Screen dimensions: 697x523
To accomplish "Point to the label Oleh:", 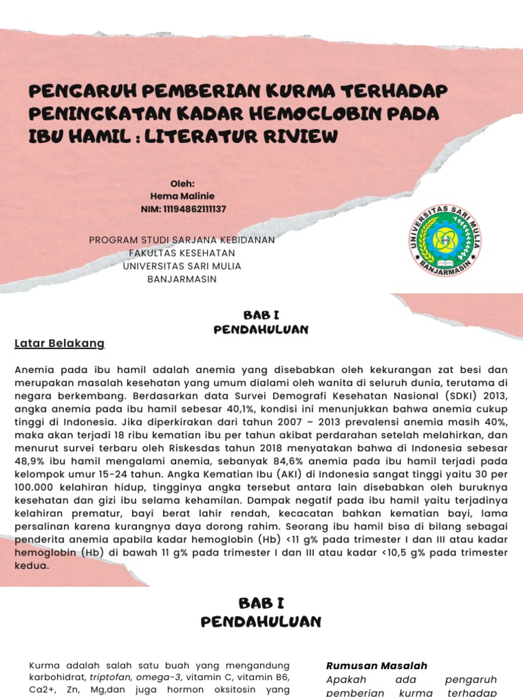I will point(183,183).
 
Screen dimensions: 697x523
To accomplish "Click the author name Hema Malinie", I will point(183,196).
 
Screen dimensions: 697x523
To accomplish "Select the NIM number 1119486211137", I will point(195,209).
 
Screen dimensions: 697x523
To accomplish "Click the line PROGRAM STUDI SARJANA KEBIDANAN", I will point(183,240).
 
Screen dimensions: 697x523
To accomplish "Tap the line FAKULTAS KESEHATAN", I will point(183,253).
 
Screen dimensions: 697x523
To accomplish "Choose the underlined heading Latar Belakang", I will point(60,344).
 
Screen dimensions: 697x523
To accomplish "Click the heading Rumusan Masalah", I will point(377,666).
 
